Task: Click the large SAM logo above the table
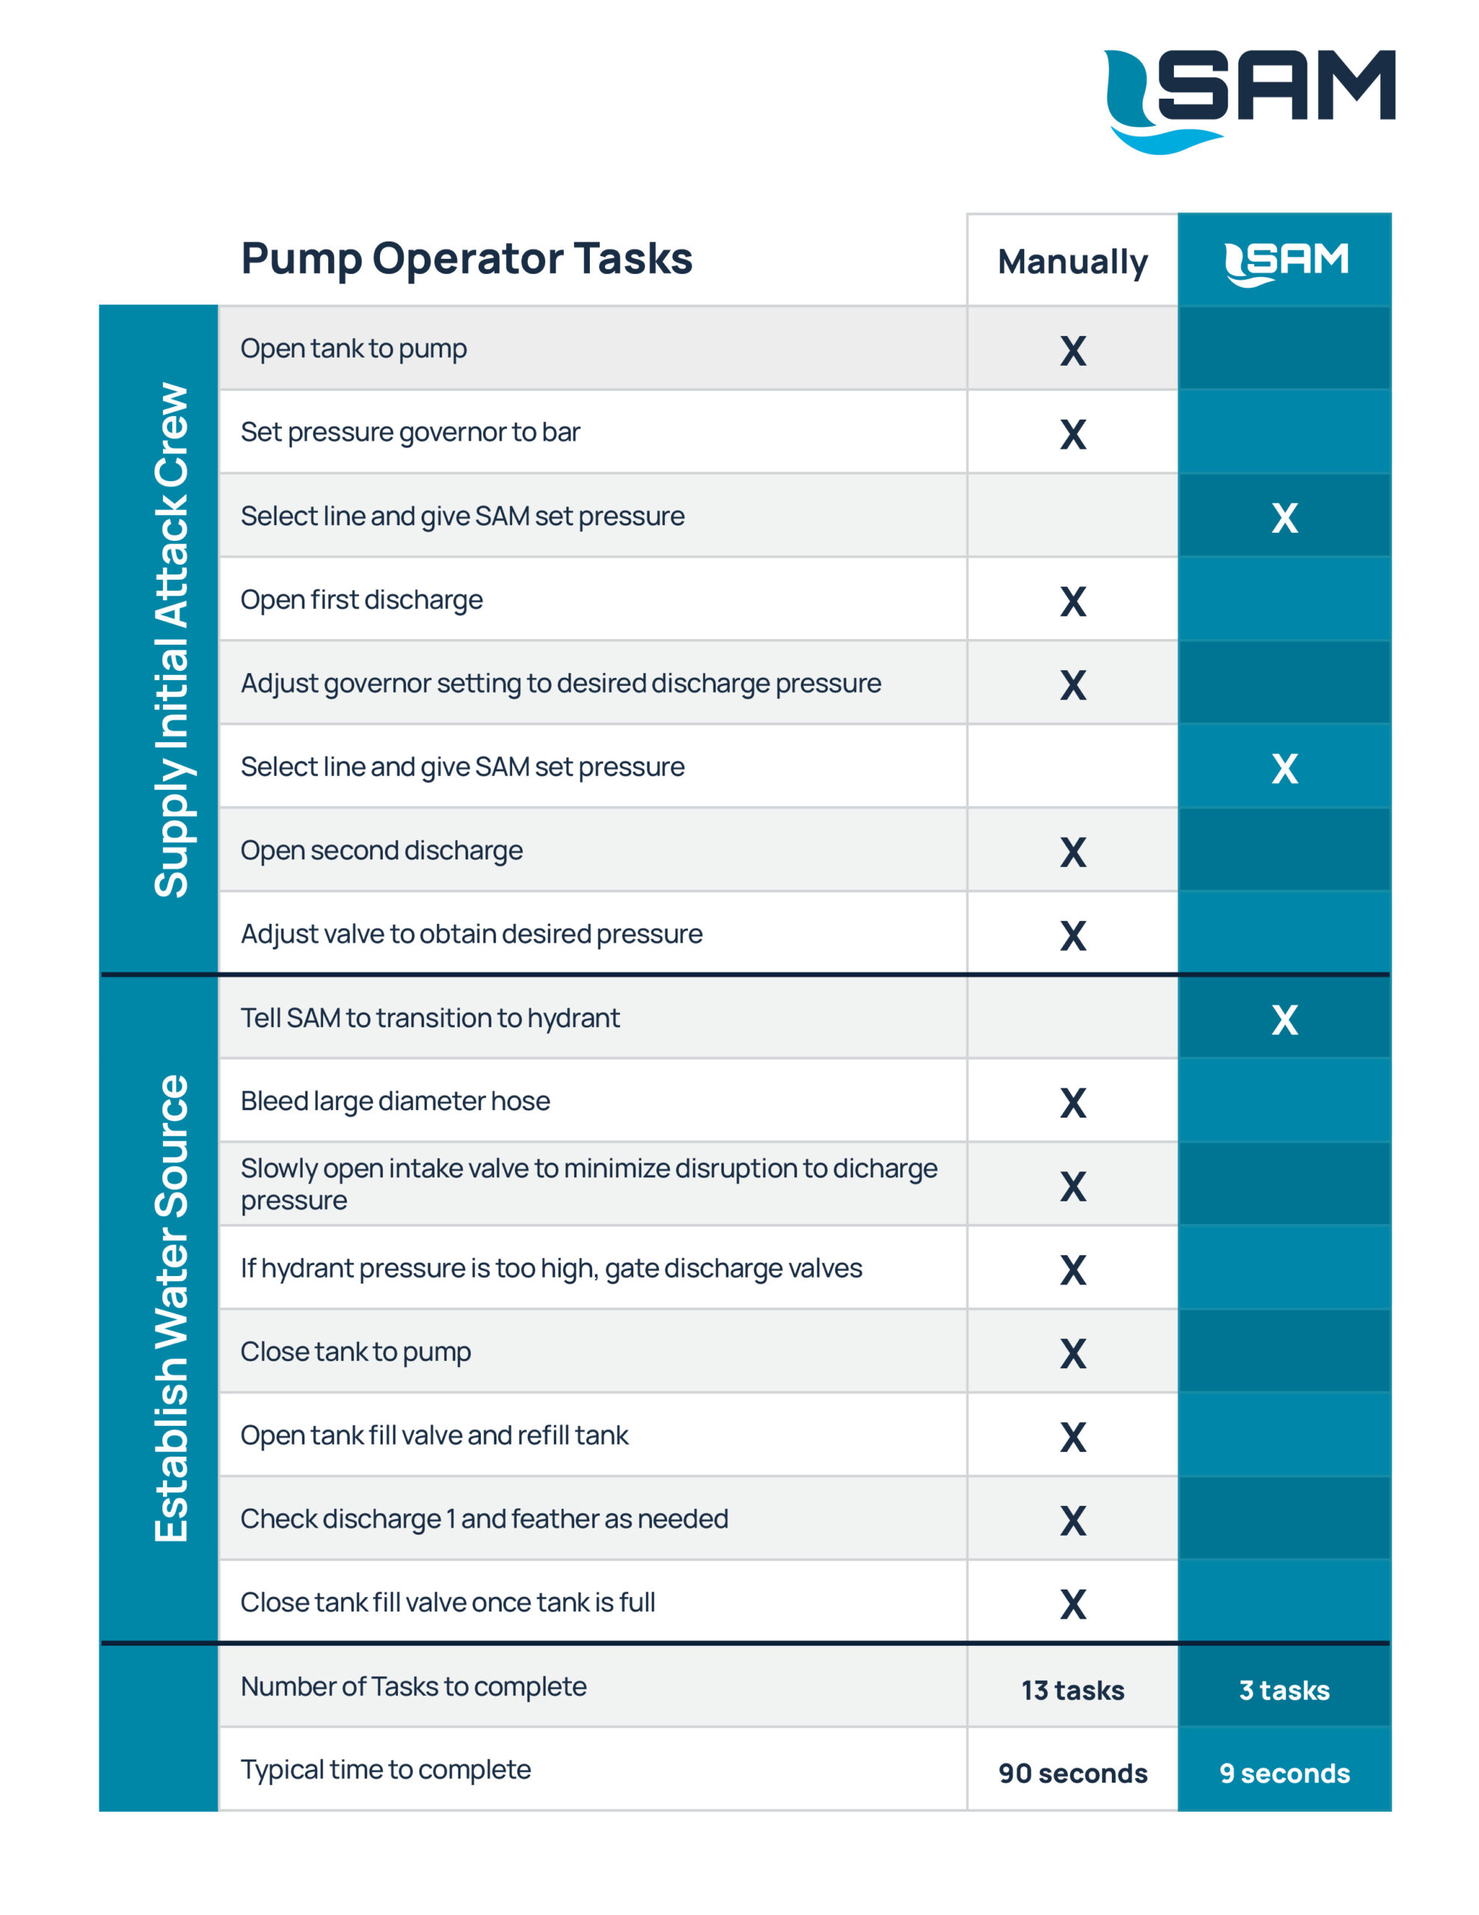click(1249, 101)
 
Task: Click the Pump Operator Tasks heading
click(467, 259)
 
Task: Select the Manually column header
click(1072, 261)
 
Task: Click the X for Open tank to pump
click(1073, 351)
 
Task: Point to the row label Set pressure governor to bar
click(411, 432)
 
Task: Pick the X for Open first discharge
click(1073, 601)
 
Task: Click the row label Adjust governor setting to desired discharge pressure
click(561, 684)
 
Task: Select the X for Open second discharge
click(1073, 852)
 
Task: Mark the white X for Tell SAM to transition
click(1285, 1020)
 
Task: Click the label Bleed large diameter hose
click(396, 1101)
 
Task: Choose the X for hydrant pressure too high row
click(1073, 1269)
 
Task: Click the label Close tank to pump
click(356, 1352)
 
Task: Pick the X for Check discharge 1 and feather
click(1073, 1521)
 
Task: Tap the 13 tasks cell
click(1073, 1690)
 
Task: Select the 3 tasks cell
click(1285, 1690)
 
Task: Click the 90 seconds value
click(1073, 1773)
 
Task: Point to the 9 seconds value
click(1285, 1773)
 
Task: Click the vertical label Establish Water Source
click(171, 1308)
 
